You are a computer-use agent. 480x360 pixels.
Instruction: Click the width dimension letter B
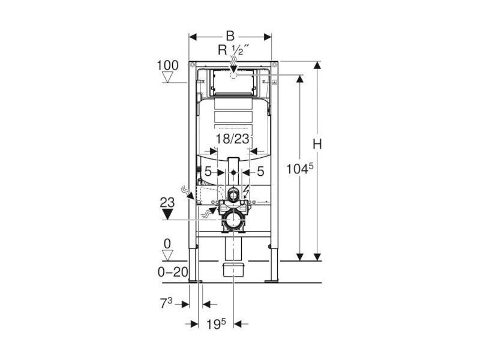tap(230, 36)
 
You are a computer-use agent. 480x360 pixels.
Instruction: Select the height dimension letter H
tap(317, 144)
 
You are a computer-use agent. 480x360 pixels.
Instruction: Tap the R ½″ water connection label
tap(233, 50)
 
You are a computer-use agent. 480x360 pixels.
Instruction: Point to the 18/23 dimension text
tap(233, 139)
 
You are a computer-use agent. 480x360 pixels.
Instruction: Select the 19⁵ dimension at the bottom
tap(216, 325)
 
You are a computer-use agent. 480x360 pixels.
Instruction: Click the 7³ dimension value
tap(166, 304)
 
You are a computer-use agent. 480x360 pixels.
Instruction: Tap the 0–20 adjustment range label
tap(173, 272)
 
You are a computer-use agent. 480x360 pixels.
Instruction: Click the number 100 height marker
tap(167, 65)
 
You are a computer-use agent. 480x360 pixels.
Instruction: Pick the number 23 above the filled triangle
tap(167, 202)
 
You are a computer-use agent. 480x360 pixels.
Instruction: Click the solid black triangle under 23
tap(167, 214)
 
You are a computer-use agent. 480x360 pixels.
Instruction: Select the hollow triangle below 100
tap(167, 77)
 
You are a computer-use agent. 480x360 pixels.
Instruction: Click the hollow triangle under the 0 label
tap(167, 255)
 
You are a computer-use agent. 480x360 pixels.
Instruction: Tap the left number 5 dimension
tap(208, 172)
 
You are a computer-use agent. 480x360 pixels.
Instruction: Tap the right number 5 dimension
tap(260, 172)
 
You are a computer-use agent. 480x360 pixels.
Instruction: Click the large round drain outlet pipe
tap(233, 220)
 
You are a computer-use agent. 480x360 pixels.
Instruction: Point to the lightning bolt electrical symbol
tap(247, 192)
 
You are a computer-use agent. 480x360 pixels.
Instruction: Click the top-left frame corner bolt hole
tap(192, 65)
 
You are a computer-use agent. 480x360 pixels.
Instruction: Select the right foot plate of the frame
tap(271, 280)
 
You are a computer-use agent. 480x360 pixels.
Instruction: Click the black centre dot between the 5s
tap(233, 172)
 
